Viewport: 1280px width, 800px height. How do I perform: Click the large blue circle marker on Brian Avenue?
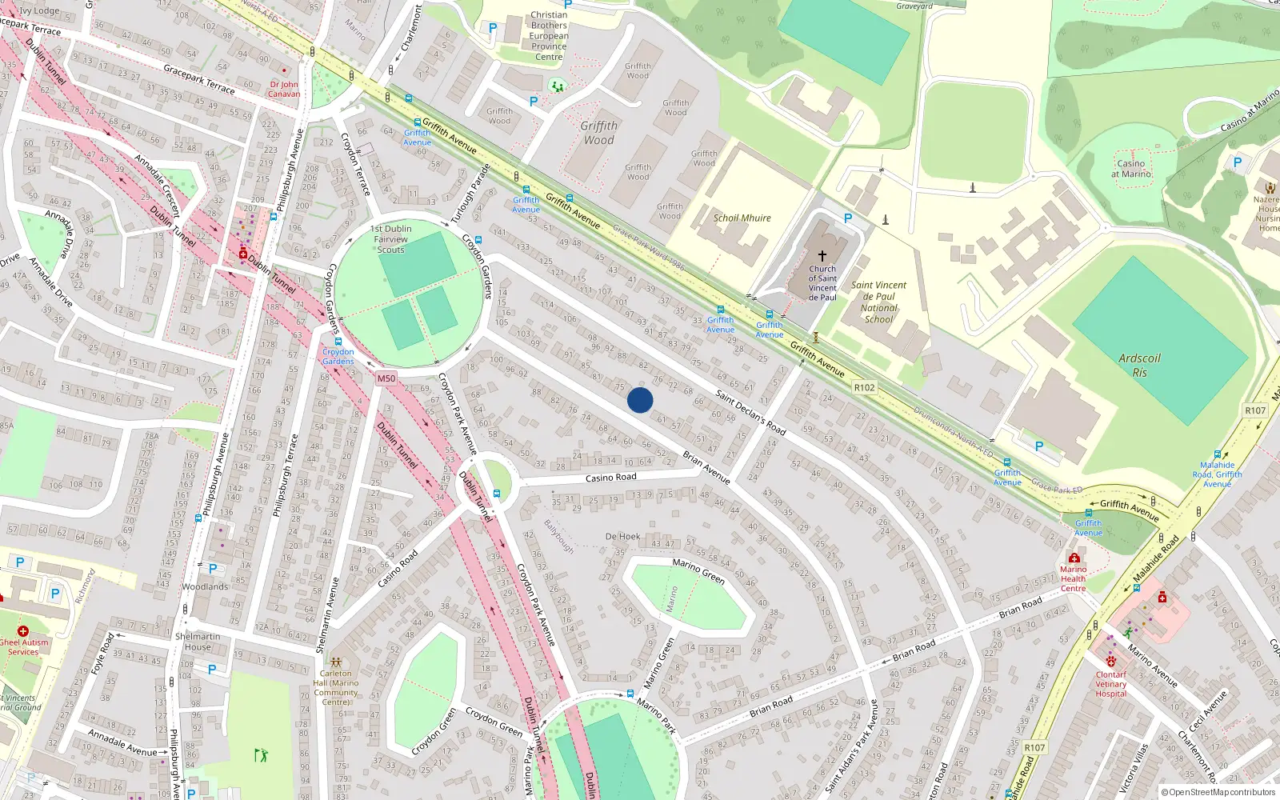click(640, 400)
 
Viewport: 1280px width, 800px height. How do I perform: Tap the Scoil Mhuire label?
click(742, 218)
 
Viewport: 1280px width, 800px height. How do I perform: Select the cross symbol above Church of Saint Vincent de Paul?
click(822, 255)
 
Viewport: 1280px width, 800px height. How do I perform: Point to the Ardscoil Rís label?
click(1139, 365)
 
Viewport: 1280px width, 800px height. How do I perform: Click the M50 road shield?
click(386, 378)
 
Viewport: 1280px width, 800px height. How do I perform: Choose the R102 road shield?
click(864, 387)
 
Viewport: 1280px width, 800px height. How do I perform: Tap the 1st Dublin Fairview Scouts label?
click(390, 239)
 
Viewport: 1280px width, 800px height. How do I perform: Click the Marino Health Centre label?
click(1073, 578)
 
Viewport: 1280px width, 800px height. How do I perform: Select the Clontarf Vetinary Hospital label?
click(1110, 684)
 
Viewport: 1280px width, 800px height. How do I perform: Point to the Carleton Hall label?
click(336, 687)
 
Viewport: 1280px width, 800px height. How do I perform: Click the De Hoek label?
click(622, 537)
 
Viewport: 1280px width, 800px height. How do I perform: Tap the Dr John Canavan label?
click(284, 89)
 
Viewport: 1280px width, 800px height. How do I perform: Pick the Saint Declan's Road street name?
click(750, 413)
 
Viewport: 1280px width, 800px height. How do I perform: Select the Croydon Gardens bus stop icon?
click(338, 342)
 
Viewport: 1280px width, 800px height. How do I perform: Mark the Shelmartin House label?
click(198, 642)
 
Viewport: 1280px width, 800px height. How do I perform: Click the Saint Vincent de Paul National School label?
click(878, 302)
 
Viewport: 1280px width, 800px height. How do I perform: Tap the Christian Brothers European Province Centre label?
click(549, 36)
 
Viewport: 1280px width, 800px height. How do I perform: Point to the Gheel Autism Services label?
click(23, 646)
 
